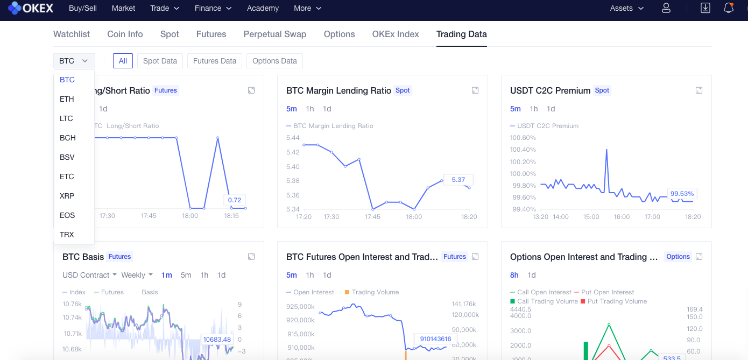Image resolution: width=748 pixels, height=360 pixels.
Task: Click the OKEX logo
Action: pyautogui.click(x=32, y=8)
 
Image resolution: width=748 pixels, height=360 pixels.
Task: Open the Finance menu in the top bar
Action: pyautogui.click(x=213, y=8)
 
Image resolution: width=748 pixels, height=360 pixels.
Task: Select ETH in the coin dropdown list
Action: pyautogui.click(x=67, y=99)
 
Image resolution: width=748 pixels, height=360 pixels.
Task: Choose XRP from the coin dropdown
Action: pyautogui.click(x=67, y=196)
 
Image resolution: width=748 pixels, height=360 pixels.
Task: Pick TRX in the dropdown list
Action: pyautogui.click(x=67, y=235)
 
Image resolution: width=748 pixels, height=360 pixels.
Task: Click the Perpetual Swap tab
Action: pyautogui.click(x=274, y=34)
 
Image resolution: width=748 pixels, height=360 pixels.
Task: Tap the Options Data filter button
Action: pyautogui.click(x=274, y=61)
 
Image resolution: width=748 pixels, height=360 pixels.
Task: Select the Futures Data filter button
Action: pyautogui.click(x=214, y=61)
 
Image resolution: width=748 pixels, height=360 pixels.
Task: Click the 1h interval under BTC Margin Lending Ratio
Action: pyautogui.click(x=310, y=109)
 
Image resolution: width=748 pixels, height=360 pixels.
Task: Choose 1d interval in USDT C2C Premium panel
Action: pyautogui.click(x=551, y=109)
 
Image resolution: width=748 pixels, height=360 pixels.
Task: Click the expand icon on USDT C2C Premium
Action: pyautogui.click(x=698, y=90)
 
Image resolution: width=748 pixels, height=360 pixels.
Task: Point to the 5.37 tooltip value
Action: pyautogui.click(x=458, y=180)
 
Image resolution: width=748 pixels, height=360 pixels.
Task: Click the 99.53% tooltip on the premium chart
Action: pyautogui.click(x=682, y=193)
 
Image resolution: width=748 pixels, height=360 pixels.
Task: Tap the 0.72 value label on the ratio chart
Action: pyautogui.click(x=234, y=200)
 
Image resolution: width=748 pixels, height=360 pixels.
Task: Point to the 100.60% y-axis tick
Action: pyautogui.click(x=523, y=138)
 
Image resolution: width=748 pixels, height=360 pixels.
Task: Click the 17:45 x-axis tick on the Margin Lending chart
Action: pyautogui.click(x=372, y=217)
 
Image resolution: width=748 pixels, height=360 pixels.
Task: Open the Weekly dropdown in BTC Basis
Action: pyautogui.click(x=137, y=275)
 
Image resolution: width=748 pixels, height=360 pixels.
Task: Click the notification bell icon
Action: pyautogui.click(x=729, y=8)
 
